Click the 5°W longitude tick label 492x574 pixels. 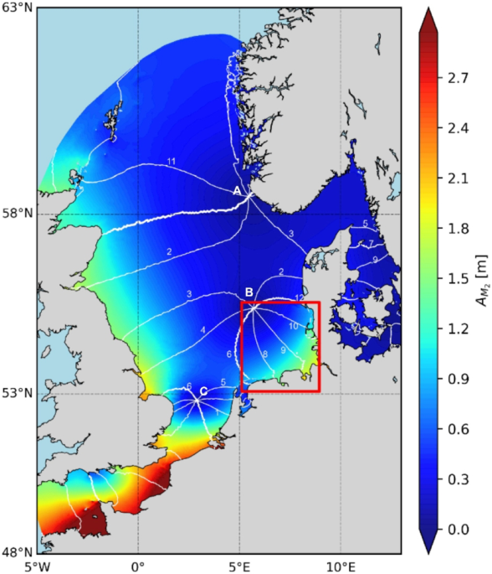[x=37, y=566]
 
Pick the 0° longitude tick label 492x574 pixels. [x=138, y=566]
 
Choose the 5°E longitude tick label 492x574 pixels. [x=240, y=566]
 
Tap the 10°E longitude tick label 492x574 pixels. [x=341, y=566]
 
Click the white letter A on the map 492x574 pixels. [x=238, y=191]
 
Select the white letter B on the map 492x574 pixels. [x=249, y=292]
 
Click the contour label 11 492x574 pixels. [x=171, y=161]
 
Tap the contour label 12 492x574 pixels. [x=300, y=299]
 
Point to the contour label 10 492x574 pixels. [x=293, y=325]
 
